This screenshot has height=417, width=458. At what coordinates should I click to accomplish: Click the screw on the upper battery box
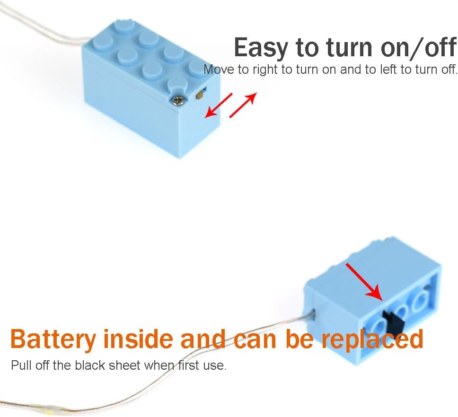177,101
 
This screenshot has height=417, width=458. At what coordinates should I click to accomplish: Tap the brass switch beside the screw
201,95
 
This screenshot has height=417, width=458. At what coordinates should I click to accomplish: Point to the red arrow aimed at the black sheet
364,282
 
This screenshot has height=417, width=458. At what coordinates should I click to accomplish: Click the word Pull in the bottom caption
21,365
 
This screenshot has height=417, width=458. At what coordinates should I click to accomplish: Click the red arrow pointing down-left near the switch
218,105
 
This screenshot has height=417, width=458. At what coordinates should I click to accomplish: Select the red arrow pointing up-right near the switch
243,105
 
